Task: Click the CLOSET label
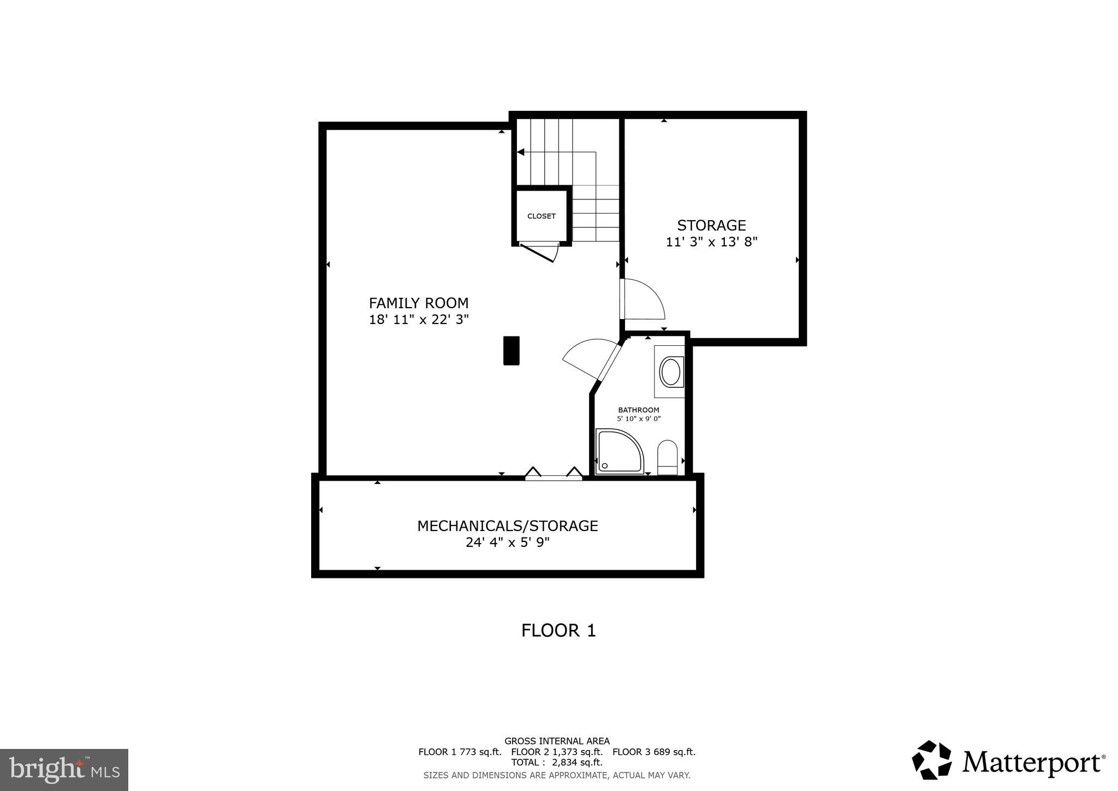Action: [541, 216]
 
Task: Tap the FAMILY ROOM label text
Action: [419, 303]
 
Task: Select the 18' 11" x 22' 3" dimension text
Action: [419, 320]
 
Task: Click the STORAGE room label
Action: [711, 226]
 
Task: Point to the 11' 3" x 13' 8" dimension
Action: [711, 242]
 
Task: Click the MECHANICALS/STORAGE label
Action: [507, 526]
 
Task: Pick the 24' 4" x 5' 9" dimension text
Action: [507, 542]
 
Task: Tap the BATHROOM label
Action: [638, 410]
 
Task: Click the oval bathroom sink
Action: [670, 372]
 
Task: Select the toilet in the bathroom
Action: [667, 457]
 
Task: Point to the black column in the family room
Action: [511, 350]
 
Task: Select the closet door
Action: [540, 252]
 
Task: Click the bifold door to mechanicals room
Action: [553, 474]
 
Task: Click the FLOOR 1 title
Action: [558, 630]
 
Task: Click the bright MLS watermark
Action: [64, 770]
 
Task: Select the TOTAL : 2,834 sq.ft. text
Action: [557, 762]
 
